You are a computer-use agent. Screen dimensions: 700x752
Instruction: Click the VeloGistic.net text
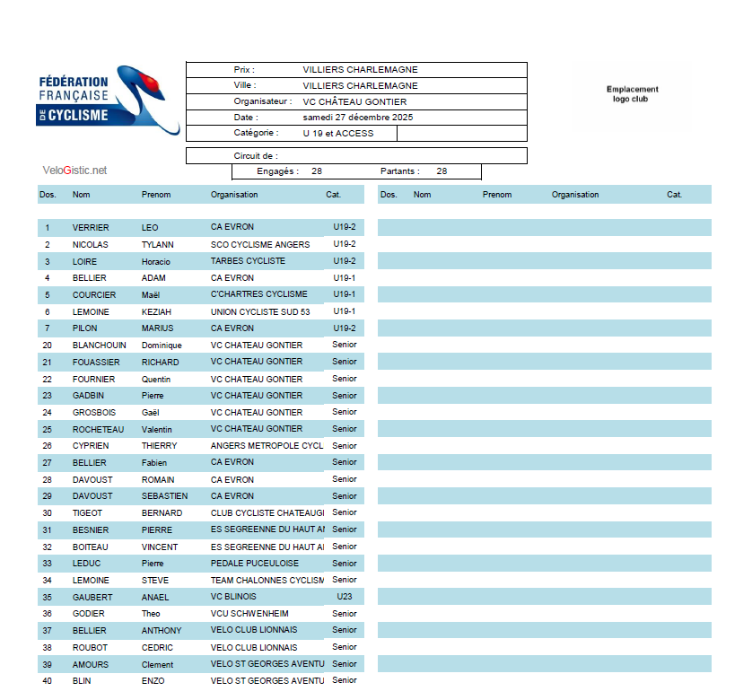[x=74, y=170]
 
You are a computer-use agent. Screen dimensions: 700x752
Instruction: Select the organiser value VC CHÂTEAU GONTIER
[x=354, y=101]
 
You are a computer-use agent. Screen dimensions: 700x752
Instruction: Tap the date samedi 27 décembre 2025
[x=358, y=117]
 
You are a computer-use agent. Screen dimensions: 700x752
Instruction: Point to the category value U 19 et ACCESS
[x=338, y=133]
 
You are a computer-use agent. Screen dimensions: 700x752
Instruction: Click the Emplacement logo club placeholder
[x=632, y=94]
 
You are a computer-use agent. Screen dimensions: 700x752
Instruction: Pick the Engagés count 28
[x=317, y=171]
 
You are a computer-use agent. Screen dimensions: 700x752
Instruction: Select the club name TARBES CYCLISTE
[x=248, y=261]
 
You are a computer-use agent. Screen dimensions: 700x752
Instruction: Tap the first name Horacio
[x=155, y=262]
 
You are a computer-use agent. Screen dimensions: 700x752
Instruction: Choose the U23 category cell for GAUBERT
[x=345, y=597]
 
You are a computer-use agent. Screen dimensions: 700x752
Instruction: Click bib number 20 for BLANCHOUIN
[x=47, y=346]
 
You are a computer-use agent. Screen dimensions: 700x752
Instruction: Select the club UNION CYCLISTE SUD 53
[x=260, y=311]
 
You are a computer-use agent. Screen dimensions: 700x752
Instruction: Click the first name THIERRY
[x=159, y=446]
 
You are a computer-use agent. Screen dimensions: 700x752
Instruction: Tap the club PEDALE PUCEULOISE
[x=255, y=564]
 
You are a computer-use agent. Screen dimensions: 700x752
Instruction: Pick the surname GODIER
[x=88, y=614]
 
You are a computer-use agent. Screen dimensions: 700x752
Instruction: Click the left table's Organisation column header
[x=234, y=195]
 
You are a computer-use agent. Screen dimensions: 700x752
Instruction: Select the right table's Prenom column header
[x=497, y=195]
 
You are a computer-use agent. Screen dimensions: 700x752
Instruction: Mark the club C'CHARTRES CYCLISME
[x=258, y=294]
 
